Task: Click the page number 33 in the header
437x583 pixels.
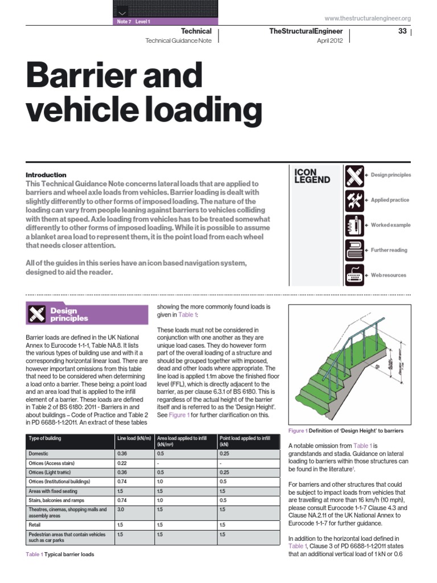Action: click(x=402, y=31)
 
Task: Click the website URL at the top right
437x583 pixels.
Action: click(x=368, y=18)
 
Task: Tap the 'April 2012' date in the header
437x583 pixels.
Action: click(x=329, y=42)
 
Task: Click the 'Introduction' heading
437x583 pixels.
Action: click(x=46, y=175)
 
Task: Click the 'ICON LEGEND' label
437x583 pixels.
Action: click(x=312, y=176)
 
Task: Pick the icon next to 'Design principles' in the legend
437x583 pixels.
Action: click(x=354, y=175)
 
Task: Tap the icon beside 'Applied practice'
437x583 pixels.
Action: click(x=354, y=200)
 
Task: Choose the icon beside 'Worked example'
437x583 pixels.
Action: click(x=354, y=225)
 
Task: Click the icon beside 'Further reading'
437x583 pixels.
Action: click(x=354, y=251)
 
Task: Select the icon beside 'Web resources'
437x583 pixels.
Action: click(x=354, y=276)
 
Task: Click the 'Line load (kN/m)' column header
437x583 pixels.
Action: click(x=134, y=439)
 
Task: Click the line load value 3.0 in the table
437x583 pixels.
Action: click(x=121, y=510)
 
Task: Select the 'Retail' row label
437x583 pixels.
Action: click(x=35, y=524)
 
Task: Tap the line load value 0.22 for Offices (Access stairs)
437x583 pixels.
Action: click(x=122, y=463)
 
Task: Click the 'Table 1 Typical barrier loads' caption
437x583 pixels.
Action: click(x=60, y=554)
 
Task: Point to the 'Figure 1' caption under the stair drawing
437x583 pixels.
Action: click(x=346, y=431)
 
